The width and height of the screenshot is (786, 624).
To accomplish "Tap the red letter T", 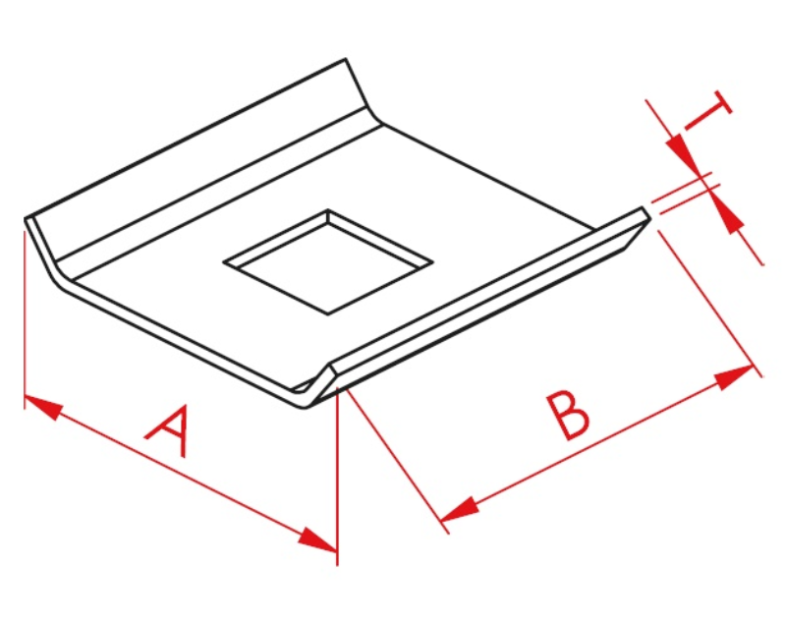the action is point(707,111).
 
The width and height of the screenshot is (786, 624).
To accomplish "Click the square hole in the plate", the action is point(328,261).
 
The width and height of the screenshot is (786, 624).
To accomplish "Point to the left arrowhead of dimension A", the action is point(42,406).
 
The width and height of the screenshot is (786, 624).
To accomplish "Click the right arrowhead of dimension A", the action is point(317,539).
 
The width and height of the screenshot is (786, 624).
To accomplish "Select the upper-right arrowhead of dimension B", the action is point(734,377).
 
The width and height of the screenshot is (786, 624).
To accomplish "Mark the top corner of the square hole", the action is point(328,209).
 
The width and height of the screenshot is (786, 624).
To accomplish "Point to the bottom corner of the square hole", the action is point(328,314).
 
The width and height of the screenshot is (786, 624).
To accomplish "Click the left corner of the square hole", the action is point(224,261).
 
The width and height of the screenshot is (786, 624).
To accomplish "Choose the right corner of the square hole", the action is point(432,261).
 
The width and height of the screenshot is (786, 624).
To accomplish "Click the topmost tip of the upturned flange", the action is point(346,59).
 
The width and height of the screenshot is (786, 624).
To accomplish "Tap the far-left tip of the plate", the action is point(26,219).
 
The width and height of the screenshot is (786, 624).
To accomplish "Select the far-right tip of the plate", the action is point(650,218).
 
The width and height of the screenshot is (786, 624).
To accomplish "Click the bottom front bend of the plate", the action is point(307,407).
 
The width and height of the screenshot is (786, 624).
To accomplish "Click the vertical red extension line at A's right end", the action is point(338,477).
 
